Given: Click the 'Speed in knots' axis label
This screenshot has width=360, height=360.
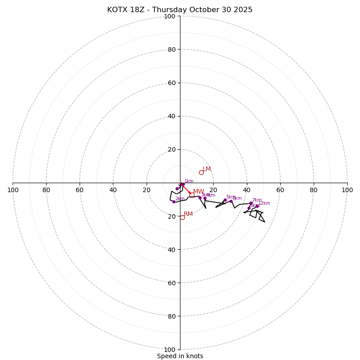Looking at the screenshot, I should pos(180,356).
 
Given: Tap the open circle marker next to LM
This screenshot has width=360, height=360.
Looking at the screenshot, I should pos(201,172).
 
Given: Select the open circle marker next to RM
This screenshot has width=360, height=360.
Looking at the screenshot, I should pos(182,217).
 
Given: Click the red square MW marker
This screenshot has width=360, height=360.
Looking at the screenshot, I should pos(192,195).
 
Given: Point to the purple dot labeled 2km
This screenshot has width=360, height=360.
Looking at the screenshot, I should pos(174,202).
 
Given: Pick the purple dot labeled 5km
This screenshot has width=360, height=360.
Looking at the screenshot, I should pos(225,200).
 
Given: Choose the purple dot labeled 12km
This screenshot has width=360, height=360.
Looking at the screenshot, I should pos(257,206).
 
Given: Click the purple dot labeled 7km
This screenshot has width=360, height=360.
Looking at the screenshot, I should pos(251,203).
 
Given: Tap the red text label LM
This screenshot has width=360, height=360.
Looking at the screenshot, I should pos(207,169).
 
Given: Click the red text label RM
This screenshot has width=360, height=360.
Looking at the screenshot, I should pos(188,214).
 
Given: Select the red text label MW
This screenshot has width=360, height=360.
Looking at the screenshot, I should pos(198,192).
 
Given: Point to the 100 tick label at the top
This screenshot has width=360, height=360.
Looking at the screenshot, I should pos(170,17).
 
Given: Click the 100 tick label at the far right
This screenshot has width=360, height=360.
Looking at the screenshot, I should pos(347,190).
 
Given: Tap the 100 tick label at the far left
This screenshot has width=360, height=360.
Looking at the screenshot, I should pos(13,190).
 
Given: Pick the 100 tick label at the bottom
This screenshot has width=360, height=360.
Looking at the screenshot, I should pos(170,350).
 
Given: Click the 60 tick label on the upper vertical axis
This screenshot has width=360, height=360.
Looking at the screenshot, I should pos(171,83).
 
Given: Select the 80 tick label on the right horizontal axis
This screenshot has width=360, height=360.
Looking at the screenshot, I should pos(314,190).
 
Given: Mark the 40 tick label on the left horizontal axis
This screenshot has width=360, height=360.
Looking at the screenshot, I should pos(113,190).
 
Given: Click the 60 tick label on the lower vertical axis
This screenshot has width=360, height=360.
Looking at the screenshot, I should pos(171,283).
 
